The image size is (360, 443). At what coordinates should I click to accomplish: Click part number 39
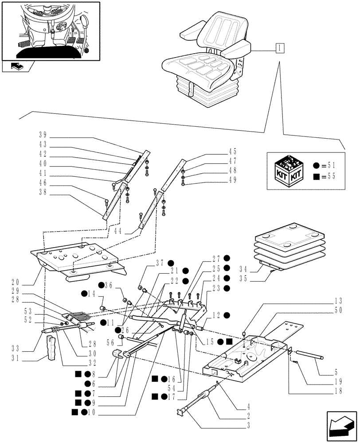tap(43, 135)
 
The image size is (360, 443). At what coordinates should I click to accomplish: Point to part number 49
tap(233, 180)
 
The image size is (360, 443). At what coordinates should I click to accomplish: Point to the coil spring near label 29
tap(82, 316)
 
